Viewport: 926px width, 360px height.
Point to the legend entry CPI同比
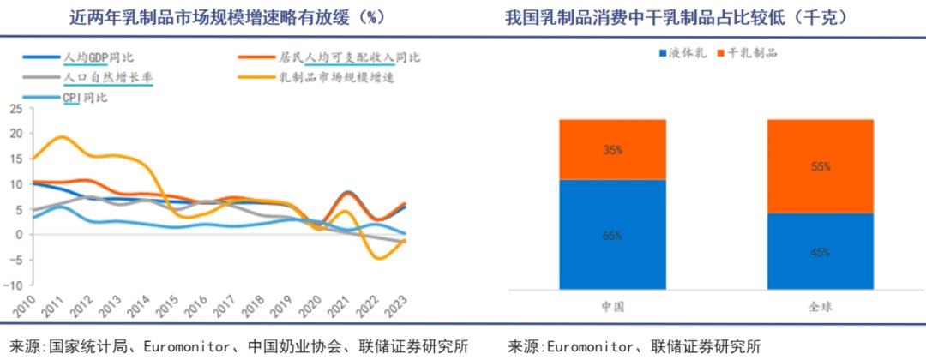click(85, 97)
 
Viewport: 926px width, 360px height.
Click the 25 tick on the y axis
click(15, 109)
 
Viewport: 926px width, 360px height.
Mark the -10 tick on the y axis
click(12, 285)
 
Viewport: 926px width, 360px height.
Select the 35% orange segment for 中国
click(611, 149)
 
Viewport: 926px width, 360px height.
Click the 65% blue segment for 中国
click(611, 234)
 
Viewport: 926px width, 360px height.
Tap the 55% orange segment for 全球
click(821, 166)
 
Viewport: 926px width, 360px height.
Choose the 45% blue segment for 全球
click(821, 251)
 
